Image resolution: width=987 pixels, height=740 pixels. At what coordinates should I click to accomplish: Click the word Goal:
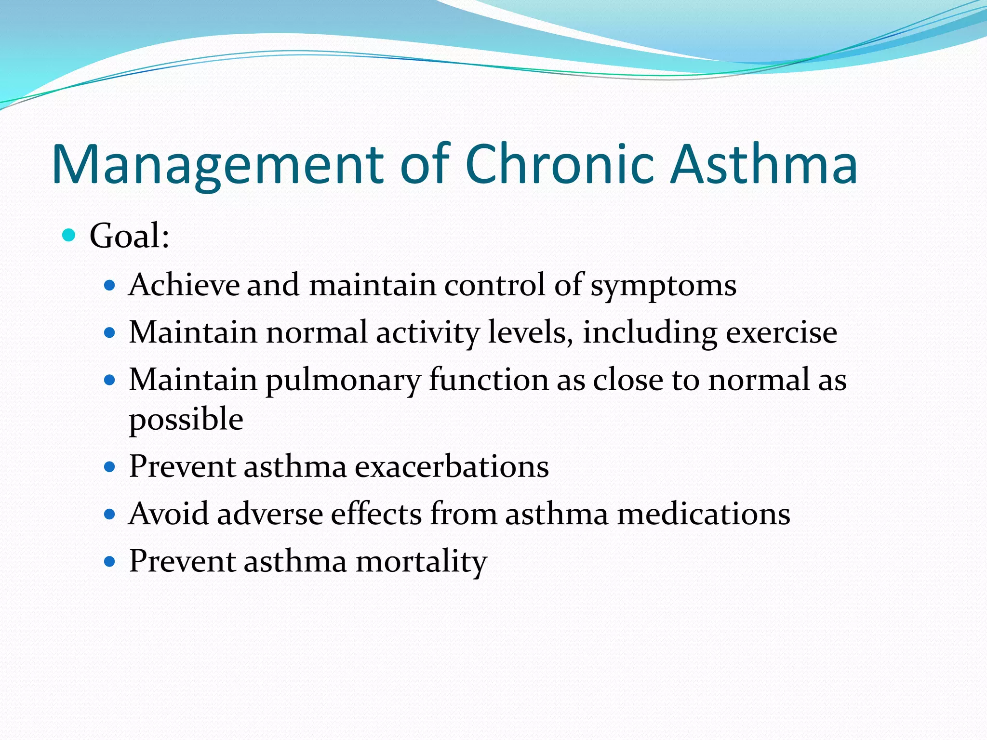tap(129, 236)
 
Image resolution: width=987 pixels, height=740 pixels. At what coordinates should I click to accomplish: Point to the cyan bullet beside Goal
tap(69, 236)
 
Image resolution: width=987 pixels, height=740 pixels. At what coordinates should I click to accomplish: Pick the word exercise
tap(781, 332)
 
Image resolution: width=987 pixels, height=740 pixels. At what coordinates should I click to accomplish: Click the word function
tap(489, 380)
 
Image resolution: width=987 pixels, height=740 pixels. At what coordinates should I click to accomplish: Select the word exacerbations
tap(452, 466)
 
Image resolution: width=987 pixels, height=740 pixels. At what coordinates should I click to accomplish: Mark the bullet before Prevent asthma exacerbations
tap(110, 467)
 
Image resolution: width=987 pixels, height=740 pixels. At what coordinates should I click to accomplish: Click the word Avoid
tap(169, 514)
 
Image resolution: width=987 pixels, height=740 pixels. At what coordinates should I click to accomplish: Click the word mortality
tap(421, 562)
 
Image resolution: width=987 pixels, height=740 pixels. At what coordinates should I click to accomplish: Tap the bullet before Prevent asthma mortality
tap(110, 562)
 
